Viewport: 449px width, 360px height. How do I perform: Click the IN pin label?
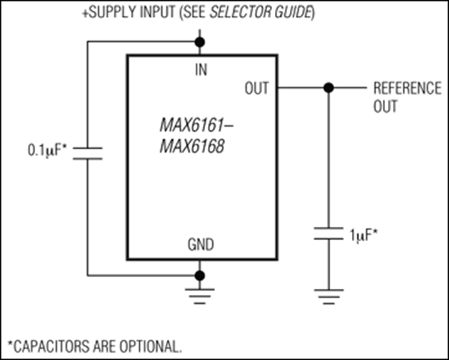(x=201, y=70)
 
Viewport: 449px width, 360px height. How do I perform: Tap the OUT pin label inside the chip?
(x=257, y=89)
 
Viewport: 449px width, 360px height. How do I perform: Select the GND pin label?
(x=201, y=245)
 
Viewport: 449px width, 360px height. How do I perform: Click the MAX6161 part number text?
(x=196, y=125)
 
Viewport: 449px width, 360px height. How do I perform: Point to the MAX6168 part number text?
(x=192, y=146)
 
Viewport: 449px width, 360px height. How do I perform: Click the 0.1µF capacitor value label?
(x=47, y=150)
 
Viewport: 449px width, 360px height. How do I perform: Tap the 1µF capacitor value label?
(x=363, y=235)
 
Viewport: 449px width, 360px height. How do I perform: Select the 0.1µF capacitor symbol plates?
(x=88, y=153)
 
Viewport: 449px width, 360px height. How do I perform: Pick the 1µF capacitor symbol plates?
(x=329, y=233)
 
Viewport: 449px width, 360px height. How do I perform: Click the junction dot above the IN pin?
(x=199, y=42)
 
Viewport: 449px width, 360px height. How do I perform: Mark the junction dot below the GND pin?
(x=199, y=276)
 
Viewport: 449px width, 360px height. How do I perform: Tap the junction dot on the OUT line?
(x=329, y=88)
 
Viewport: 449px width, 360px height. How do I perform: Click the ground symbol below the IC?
(x=199, y=296)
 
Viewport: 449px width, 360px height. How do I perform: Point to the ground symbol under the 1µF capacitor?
(x=329, y=297)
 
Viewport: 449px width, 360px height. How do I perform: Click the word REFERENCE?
(x=407, y=89)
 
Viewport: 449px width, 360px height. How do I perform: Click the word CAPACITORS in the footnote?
(x=52, y=346)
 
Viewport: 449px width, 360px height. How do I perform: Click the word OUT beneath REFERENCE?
(x=386, y=107)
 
